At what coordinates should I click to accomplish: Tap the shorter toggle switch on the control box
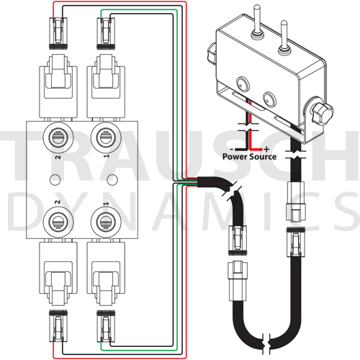[x=284, y=37]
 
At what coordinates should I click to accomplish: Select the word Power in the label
[x=235, y=157]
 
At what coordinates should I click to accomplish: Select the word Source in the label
[x=263, y=157]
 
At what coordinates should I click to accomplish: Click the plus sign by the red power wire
[x=266, y=149]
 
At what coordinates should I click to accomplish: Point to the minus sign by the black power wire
[x=232, y=149]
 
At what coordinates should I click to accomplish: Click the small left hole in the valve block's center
[x=55, y=179]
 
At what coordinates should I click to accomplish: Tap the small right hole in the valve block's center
[x=112, y=179]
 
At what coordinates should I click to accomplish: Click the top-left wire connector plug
[x=58, y=33]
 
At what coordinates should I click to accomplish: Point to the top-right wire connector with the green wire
[x=106, y=33]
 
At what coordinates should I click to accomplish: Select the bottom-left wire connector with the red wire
[x=58, y=326]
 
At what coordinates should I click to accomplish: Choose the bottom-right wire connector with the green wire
[x=106, y=326]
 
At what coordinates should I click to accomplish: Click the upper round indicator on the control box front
[x=243, y=84]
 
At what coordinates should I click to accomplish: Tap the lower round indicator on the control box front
[x=269, y=99]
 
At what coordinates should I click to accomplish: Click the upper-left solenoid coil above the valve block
[x=58, y=86]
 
